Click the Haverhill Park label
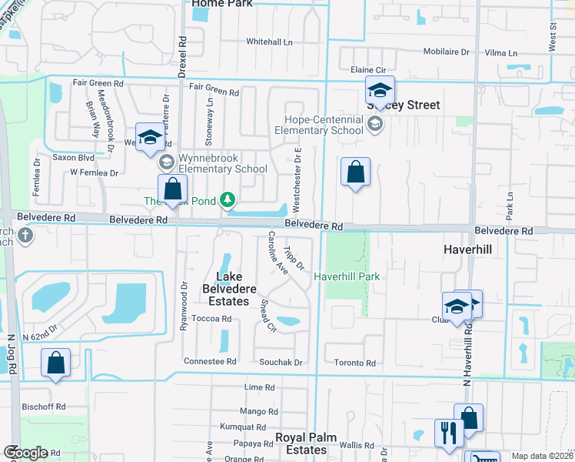pyautogui.click(x=347, y=276)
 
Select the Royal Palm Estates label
pyautogui.click(x=302, y=444)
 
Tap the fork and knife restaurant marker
pyautogui.click(x=447, y=432)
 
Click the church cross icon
pyautogui.click(x=25, y=235)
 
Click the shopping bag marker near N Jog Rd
pyautogui.click(x=56, y=363)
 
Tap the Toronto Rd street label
pyautogui.click(x=354, y=363)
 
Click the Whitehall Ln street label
pyautogui.click(x=270, y=42)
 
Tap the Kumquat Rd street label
pyautogui.click(x=241, y=427)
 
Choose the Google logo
pyautogui.click(x=25, y=453)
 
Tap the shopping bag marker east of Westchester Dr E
pyautogui.click(x=355, y=172)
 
